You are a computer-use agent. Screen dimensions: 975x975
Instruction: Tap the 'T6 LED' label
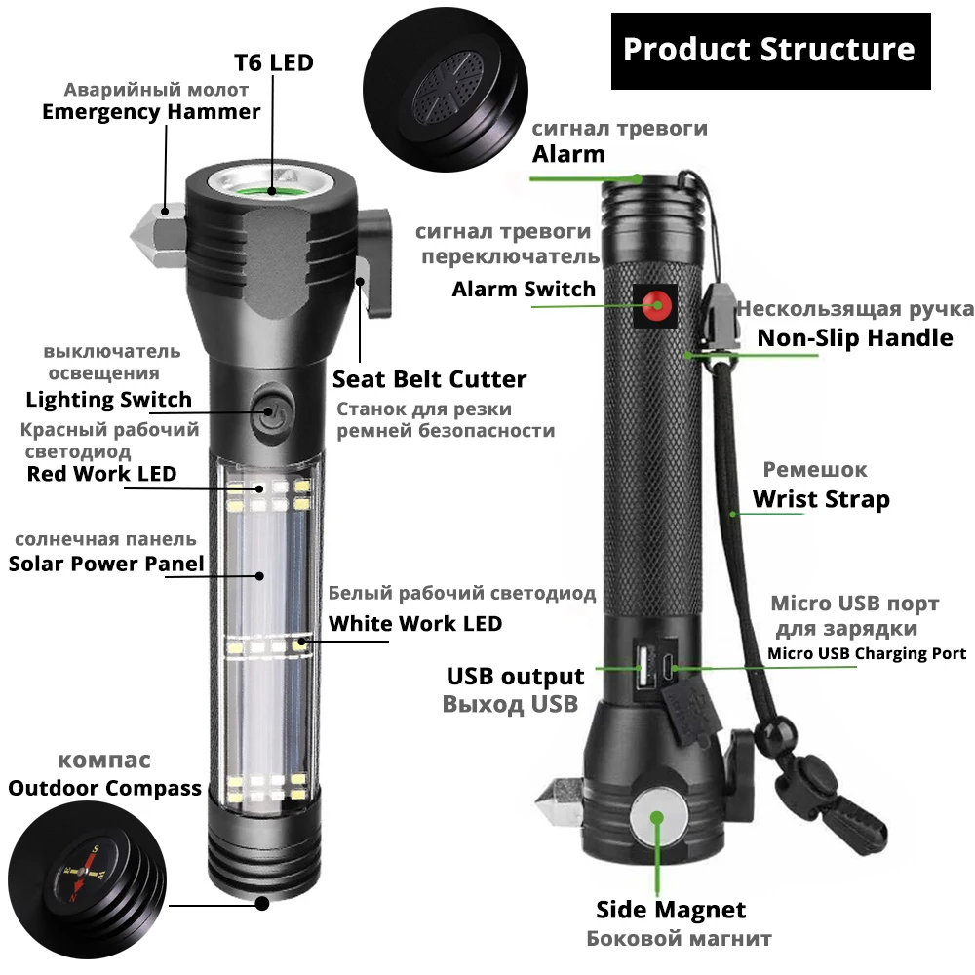point(273,62)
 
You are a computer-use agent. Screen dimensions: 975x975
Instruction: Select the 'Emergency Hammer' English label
point(151,111)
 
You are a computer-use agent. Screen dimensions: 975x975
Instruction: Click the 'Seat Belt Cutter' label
point(429,379)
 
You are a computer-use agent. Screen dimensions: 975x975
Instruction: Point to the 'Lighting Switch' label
point(108,399)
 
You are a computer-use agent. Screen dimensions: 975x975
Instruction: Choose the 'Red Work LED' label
point(101,474)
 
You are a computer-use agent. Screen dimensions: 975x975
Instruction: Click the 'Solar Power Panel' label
point(106,564)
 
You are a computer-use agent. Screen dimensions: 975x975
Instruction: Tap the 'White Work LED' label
point(415,623)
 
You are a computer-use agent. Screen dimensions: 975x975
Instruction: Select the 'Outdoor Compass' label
point(104,788)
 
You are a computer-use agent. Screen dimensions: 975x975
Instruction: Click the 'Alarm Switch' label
point(524,289)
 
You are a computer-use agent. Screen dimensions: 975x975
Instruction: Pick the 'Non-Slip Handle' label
point(855,337)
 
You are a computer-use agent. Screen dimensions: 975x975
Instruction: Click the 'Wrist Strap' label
point(821,500)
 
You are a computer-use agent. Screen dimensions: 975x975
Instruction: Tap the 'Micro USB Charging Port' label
point(867,653)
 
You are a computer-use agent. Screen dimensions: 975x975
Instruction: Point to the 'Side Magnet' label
point(671,910)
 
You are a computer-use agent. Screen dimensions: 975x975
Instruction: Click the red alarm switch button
point(657,305)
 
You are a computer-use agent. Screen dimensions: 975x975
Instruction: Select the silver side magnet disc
point(656,818)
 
